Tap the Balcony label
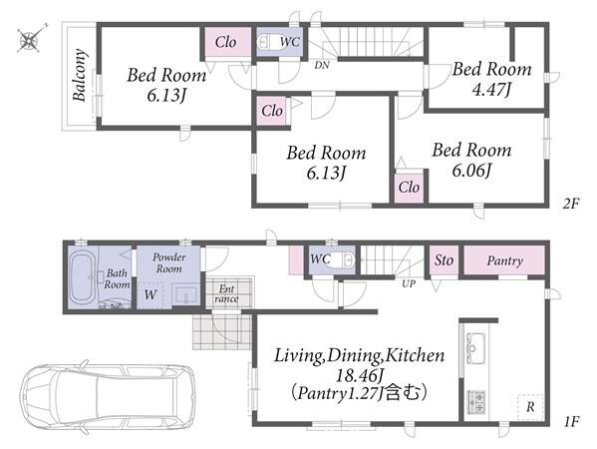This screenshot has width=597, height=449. pos(79,75)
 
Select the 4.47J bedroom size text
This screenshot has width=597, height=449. pos(491,90)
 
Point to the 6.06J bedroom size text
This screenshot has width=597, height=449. pos(471,170)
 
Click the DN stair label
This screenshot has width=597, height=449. pos(322,65)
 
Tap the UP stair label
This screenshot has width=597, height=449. pos(409,283)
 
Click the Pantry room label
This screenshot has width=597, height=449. pos(505,261)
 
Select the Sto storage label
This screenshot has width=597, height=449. pos(444,260)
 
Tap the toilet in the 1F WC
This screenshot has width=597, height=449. pos(343,260)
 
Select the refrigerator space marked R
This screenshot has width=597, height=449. pos(530,407)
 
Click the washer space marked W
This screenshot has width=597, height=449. pos(150,294)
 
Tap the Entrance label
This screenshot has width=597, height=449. pos(226,293)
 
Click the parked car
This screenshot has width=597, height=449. pos(108,396)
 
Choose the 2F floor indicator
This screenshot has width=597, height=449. pos(571,204)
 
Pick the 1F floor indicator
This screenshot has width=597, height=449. pos(571,421)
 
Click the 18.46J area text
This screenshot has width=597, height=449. pos(359,376)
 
